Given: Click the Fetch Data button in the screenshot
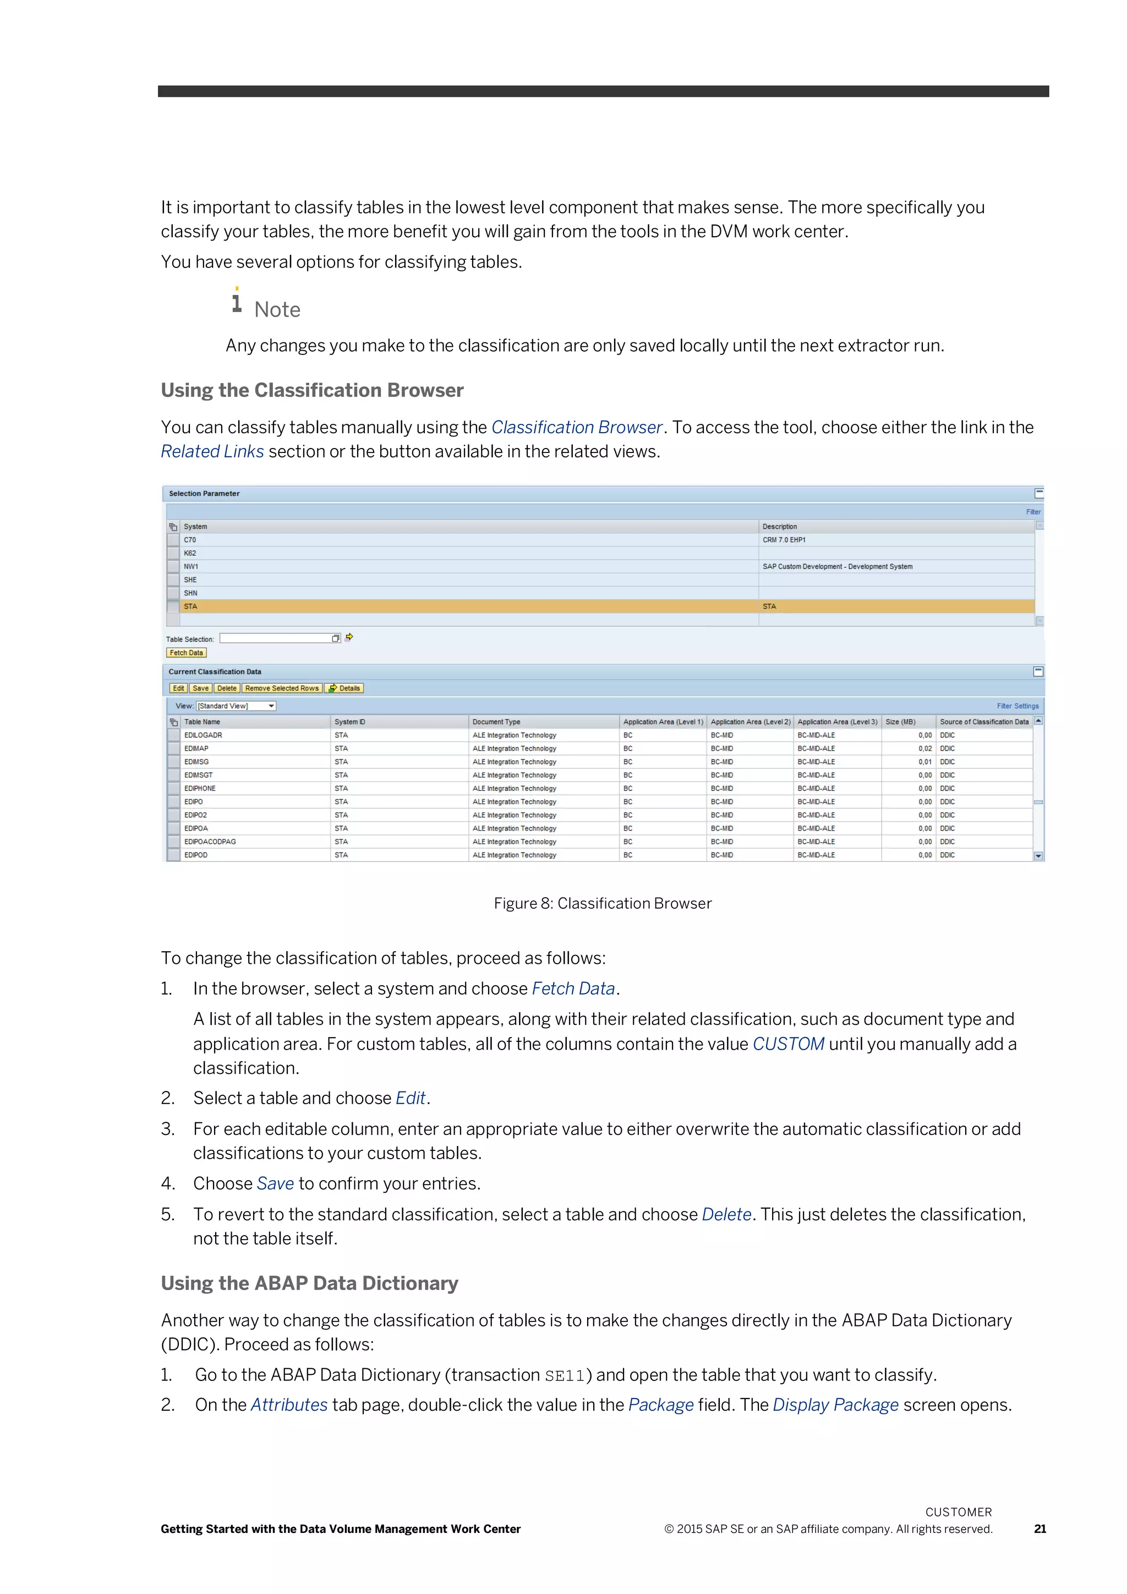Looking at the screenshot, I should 186,653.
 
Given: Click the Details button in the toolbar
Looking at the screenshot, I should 345,688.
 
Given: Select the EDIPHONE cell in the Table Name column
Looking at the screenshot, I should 200,789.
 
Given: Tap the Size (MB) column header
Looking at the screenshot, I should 900,722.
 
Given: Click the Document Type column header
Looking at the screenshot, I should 496,722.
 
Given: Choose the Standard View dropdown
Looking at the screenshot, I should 236,706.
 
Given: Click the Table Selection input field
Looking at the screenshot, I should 276,638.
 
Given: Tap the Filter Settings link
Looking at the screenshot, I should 1017,706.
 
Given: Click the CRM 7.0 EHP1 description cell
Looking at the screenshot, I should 784,540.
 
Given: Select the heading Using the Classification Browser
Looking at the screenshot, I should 312,390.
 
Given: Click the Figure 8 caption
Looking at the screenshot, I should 603,903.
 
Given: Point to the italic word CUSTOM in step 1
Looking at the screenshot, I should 789,1044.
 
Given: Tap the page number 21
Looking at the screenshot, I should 1040,1529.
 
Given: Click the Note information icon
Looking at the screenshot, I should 237,301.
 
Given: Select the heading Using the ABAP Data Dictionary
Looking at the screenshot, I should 309,1283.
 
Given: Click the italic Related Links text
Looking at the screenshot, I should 212,451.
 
